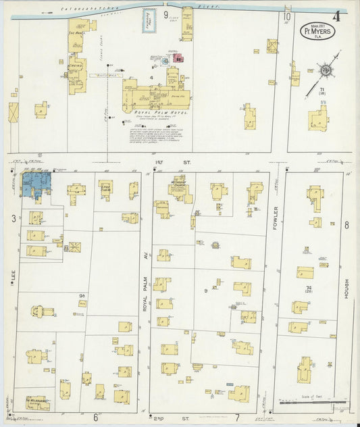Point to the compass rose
pos(324,70)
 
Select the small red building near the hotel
pos(178,59)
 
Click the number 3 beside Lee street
pos(13,218)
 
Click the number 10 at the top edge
pos(287,16)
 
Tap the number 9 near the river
pos(165,14)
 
